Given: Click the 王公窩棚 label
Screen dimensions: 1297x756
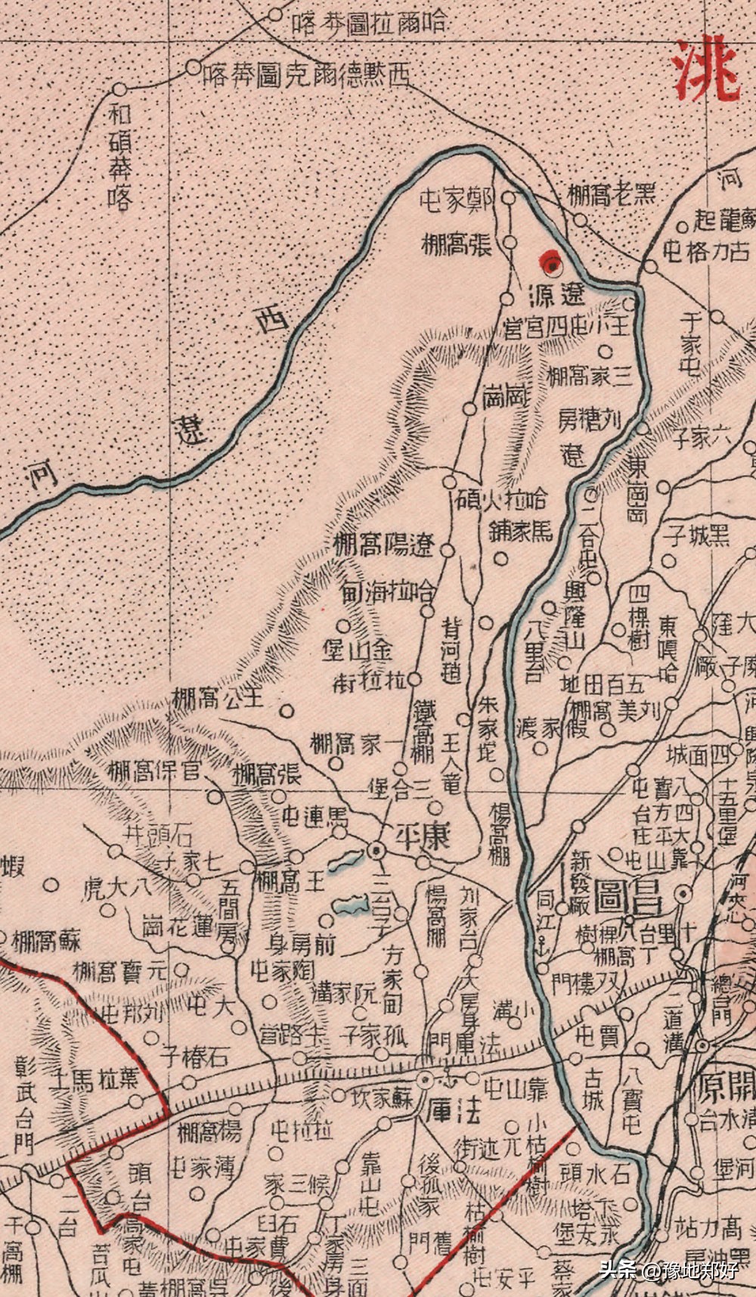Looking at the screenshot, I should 217,697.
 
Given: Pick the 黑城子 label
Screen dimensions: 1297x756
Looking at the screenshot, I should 696,537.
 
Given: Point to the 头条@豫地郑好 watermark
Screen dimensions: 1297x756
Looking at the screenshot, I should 668,1268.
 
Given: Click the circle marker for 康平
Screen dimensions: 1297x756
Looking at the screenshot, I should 376,851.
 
